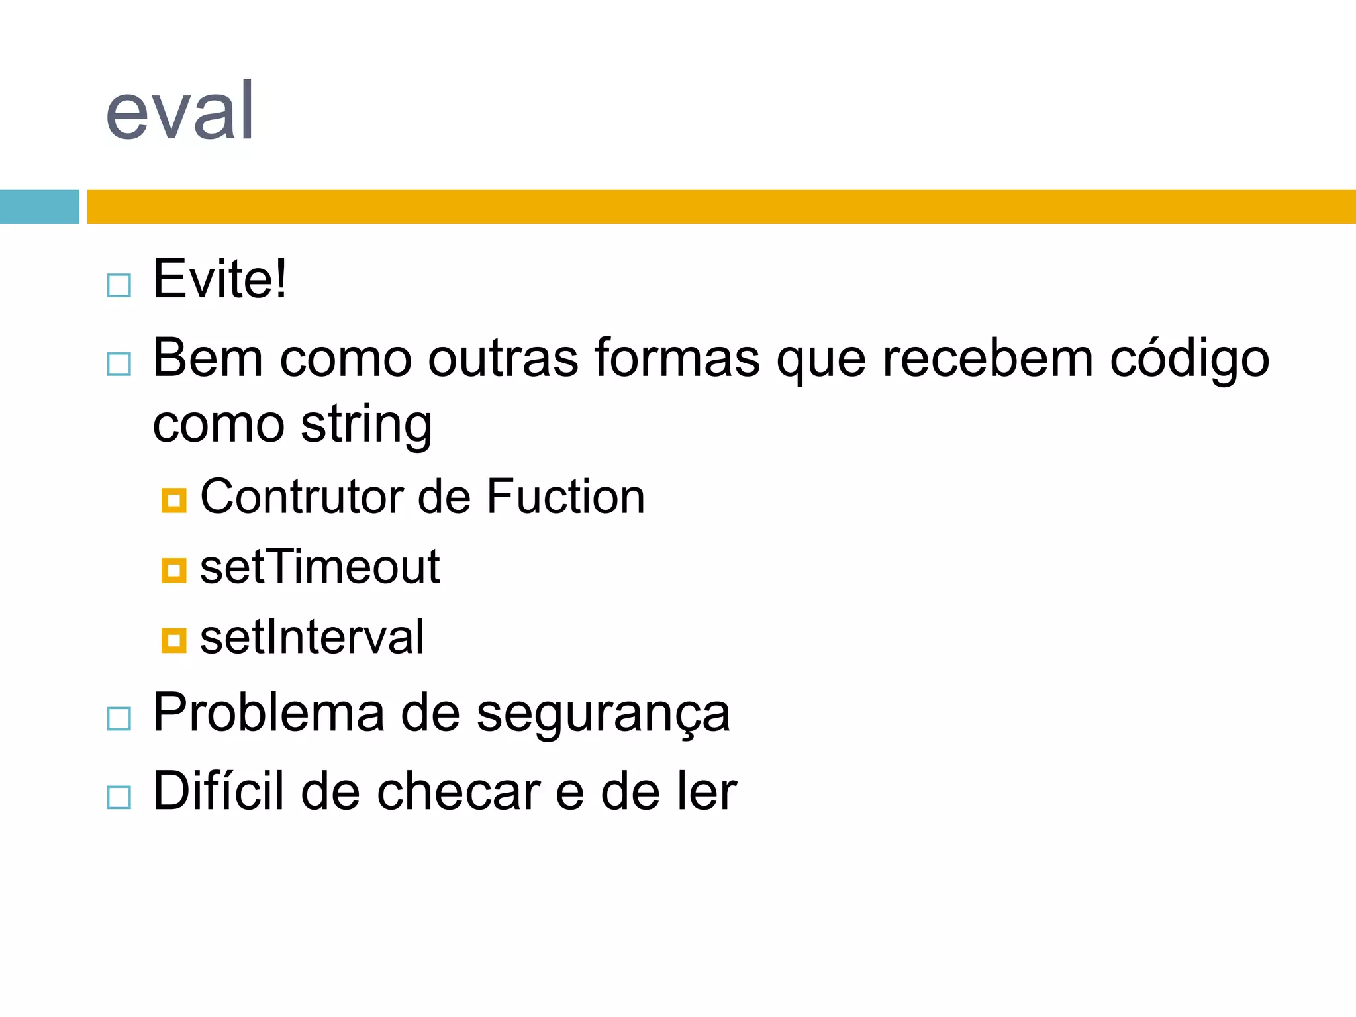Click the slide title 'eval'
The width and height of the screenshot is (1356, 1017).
tap(180, 111)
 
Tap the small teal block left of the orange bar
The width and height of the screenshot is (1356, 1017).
tap(39, 207)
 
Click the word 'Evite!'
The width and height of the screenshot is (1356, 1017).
tap(220, 279)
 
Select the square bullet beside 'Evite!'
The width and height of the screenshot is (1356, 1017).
tap(119, 286)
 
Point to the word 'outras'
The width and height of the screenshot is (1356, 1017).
tap(503, 358)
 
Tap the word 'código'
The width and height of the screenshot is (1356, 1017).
tap(1189, 358)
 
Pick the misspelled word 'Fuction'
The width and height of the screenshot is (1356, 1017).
tap(565, 497)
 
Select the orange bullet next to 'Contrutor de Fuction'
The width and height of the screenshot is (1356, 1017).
tap(173, 501)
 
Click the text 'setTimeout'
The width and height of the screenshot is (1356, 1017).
tap(320, 567)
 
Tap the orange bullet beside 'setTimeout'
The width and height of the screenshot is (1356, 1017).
tap(173, 571)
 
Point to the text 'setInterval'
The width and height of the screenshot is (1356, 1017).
tap(312, 637)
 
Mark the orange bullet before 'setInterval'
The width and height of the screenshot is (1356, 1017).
tap(173, 641)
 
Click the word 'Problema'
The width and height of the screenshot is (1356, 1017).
tap(269, 713)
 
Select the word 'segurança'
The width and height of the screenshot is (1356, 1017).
tap(603, 714)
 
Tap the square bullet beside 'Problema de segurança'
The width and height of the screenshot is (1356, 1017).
tap(119, 718)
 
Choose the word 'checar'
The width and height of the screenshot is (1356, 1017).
tap(458, 791)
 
